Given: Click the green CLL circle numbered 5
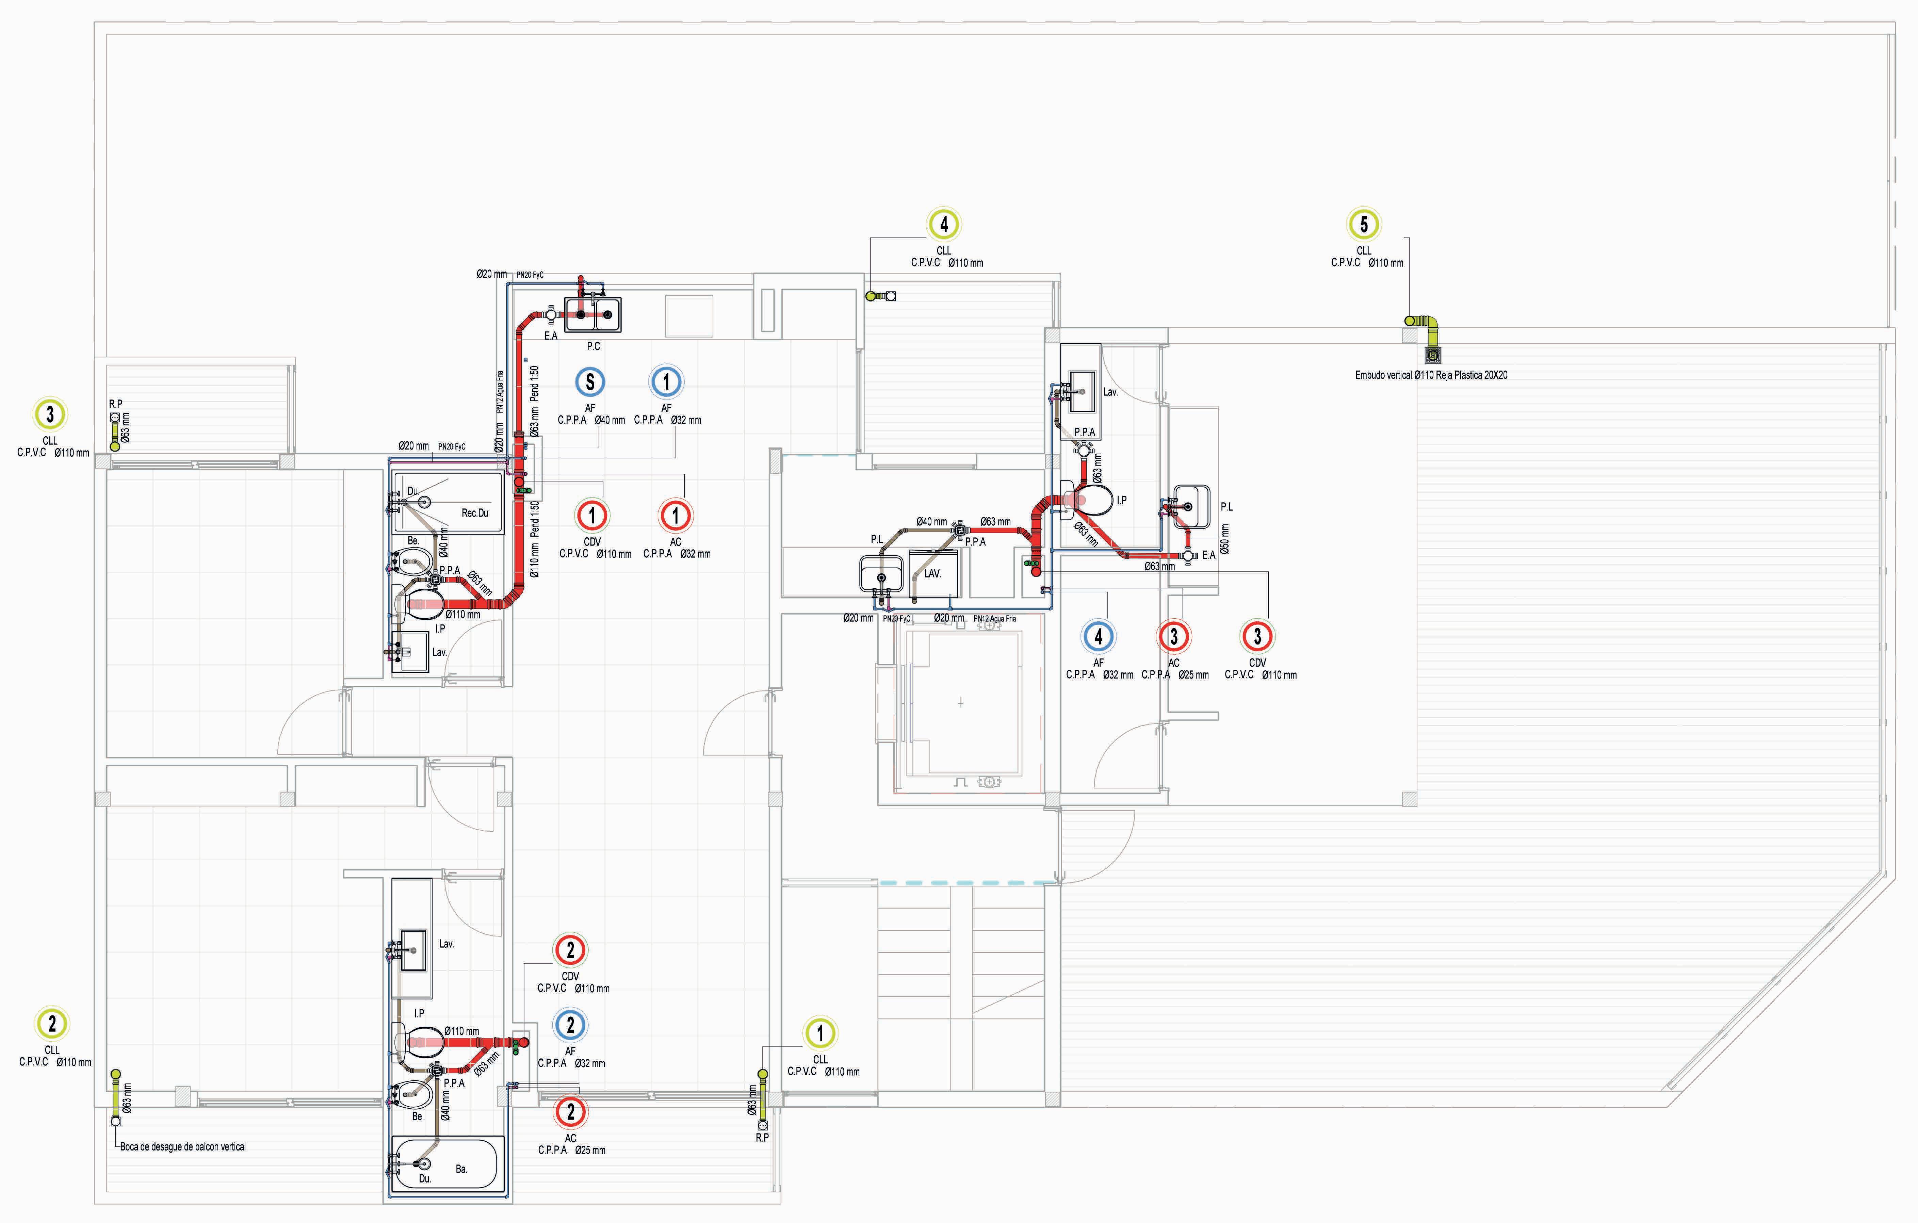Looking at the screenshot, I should (1364, 225).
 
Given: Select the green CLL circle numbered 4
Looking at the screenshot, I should (944, 225).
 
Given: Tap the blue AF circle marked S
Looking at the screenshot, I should (590, 382).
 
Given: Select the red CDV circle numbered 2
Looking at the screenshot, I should (570, 950).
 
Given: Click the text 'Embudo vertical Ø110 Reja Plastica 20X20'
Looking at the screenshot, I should (1431, 375).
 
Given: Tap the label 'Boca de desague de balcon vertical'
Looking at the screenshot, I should (182, 1146).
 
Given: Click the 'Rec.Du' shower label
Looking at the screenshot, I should (475, 513).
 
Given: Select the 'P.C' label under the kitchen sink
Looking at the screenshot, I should (594, 346).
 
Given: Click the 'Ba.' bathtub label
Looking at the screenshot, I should (461, 1169).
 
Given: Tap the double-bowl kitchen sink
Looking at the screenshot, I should (594, 314).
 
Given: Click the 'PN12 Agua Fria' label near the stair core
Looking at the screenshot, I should (995, 619).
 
